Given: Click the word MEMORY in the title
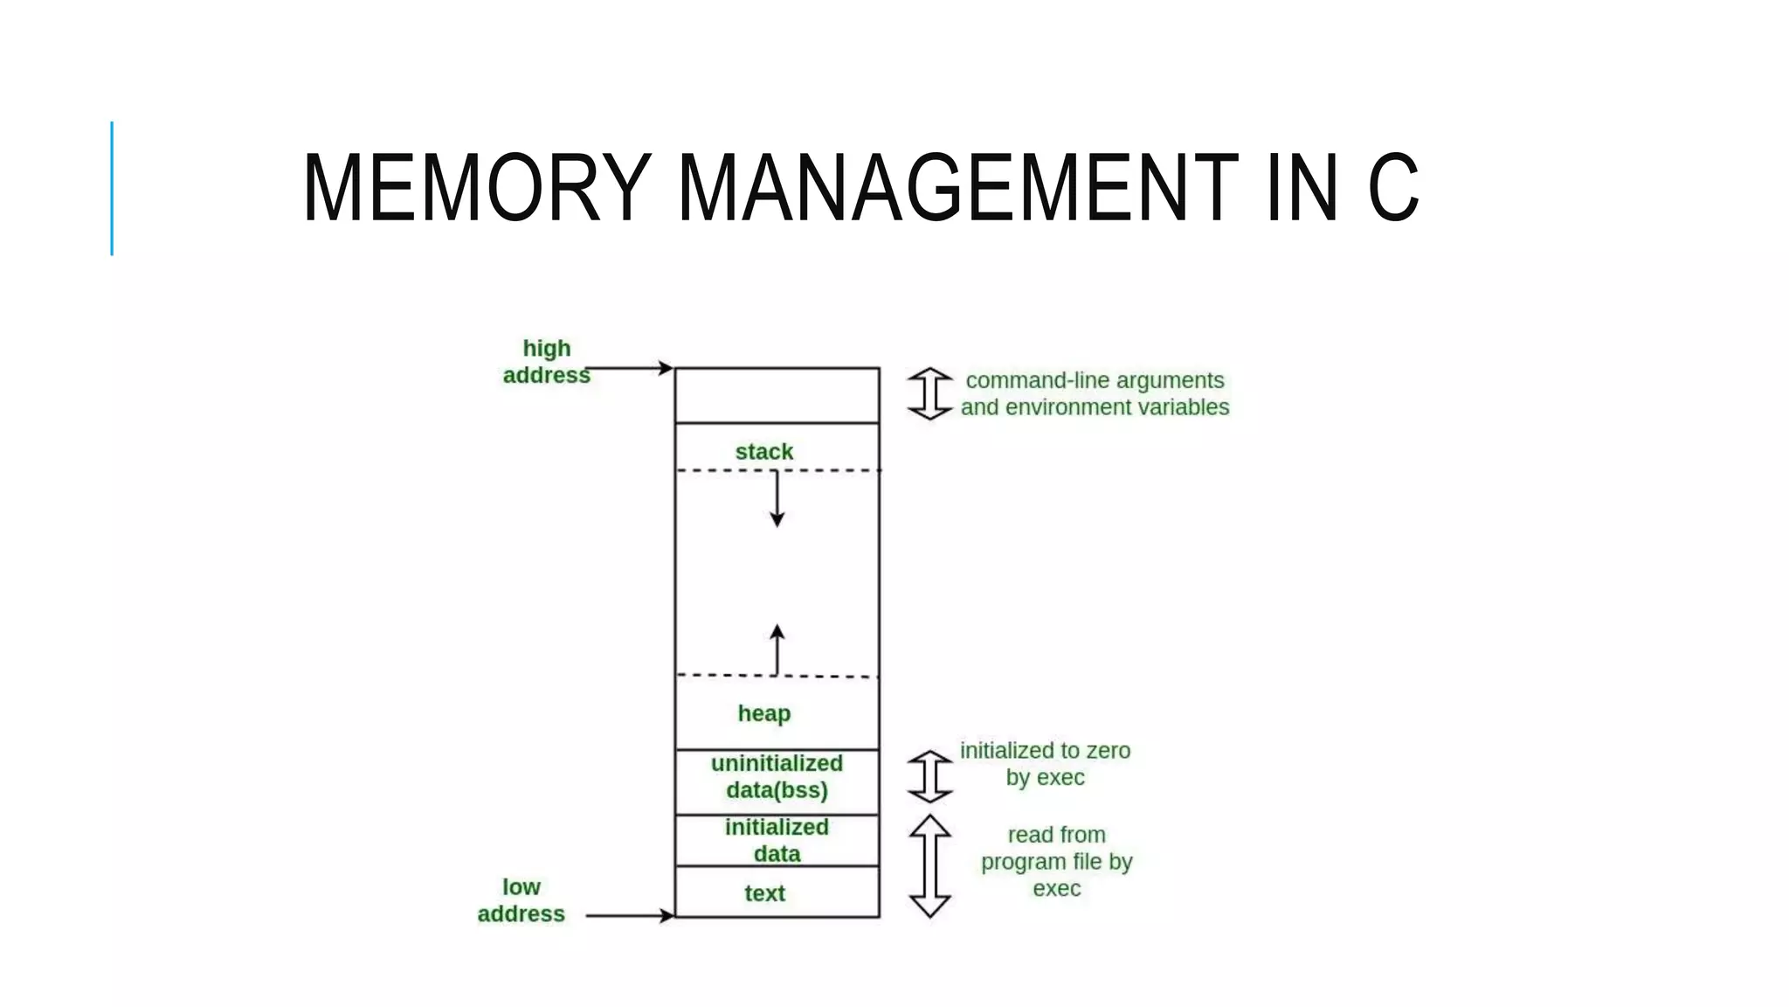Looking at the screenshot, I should [477, 188].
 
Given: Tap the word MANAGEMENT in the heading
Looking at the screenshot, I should [957, 188].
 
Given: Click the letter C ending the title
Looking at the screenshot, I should [1392, 188].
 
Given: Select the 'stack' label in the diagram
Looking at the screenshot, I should [764, 452].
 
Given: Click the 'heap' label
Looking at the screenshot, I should [764, 713].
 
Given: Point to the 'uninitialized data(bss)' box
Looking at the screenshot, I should [777, 777].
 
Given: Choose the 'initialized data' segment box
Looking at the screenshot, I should [777, 840].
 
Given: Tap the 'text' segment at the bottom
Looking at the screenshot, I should [765, 893].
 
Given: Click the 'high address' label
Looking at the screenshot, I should [547, 362].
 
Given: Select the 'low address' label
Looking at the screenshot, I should [522, 900].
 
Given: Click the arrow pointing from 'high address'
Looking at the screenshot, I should [631, 368].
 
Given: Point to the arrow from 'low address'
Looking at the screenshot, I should [631, 915].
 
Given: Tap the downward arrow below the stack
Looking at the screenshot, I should [777, 500].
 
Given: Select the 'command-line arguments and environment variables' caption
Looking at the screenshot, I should [1095, 394].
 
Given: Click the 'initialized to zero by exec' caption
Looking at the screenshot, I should [1045, 764].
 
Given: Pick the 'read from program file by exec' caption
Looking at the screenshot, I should [1056, 862].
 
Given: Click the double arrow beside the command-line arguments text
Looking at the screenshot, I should [929, 394].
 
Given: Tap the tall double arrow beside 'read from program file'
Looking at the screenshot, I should [929, 866].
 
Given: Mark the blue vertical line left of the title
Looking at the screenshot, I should [112, 188].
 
